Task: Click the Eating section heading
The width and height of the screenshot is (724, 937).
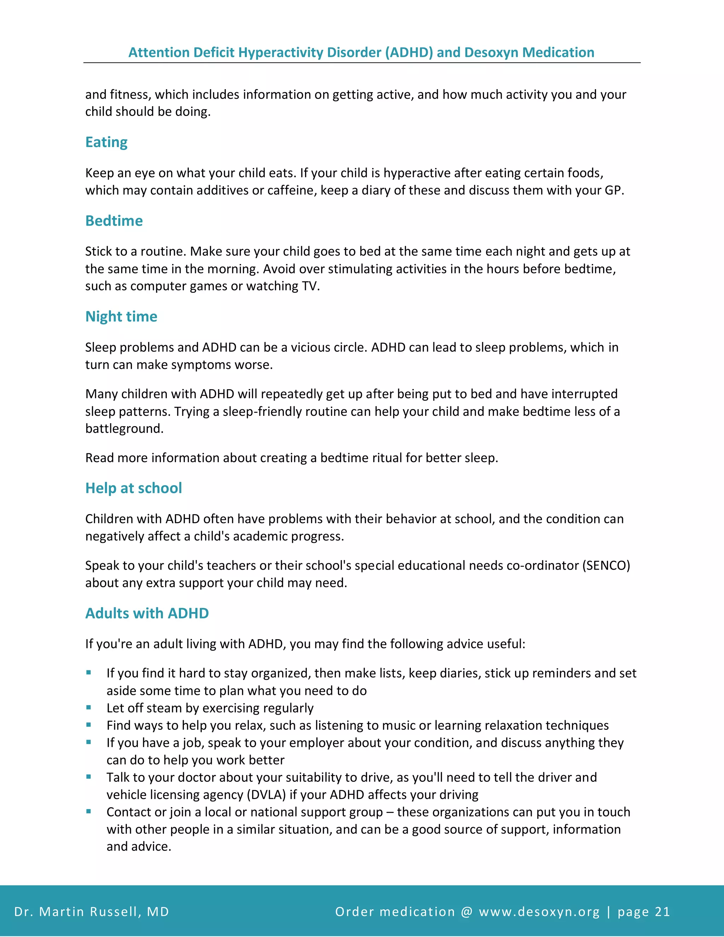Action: click(106, 142)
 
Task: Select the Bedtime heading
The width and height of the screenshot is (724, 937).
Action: click(114, 221)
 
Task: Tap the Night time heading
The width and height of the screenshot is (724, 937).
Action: click(121, 316)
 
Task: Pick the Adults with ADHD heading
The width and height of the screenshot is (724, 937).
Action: click(147, 613)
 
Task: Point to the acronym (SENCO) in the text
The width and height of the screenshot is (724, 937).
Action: click(606, 565)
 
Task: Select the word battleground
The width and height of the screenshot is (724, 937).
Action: click(124, 429)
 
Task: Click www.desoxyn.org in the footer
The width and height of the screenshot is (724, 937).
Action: click(539, 912)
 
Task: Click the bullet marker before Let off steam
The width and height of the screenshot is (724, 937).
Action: click(89, 708)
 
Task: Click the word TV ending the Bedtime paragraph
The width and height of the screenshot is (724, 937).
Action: click(309, 286)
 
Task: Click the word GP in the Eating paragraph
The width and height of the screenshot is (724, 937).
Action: click(613, 190)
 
